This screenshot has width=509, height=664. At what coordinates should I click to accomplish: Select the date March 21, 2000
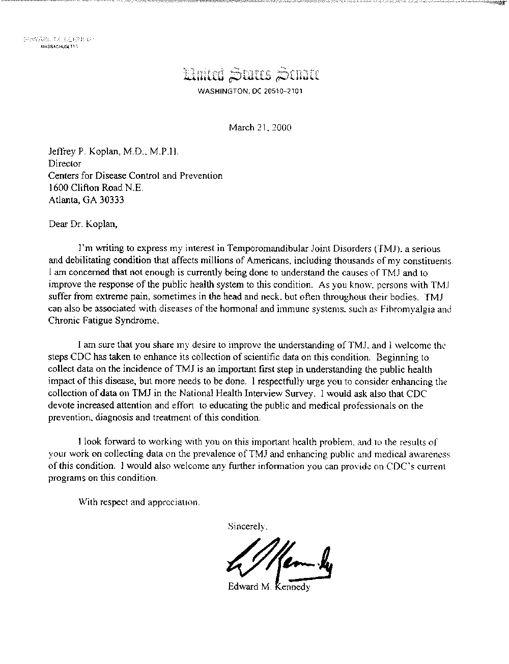click(x=260, y=127)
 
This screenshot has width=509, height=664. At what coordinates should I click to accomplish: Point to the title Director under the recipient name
click(x=65, y=163)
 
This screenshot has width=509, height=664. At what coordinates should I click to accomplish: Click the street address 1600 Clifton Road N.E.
click(x=96, y=188)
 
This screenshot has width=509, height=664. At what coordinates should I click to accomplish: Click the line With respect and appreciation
click(x=139, y=502)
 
